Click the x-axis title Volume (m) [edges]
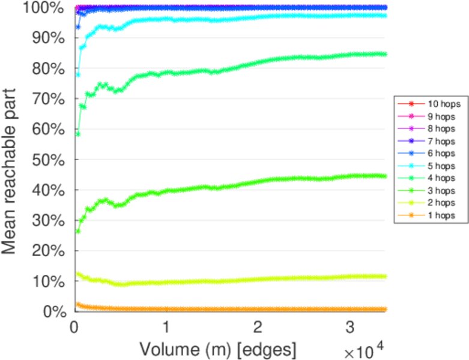(x=217, y=348)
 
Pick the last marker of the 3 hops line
(x=384, y=176)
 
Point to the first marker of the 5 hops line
(x=78, y=74)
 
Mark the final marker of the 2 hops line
(x=384, y=277)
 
